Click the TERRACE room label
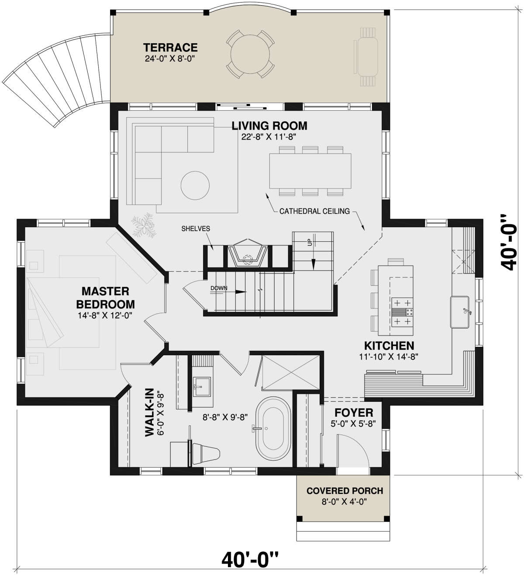click(x=170, y=47)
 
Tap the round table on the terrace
click(x=250, y=54)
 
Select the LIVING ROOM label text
click(x=269, y=126)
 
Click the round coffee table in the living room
click(x=195, y=185)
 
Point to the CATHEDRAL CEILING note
click(x=314, y=211)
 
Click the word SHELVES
click(x=196, y=229)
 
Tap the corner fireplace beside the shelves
click(x=247, y=253)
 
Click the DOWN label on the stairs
click(x=219, y=288)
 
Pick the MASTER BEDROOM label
click(x=106, y=298)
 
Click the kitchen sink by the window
click(x=459, y=312)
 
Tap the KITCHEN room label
click(x=389, y=346)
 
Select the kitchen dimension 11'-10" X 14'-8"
click(x=389, y=357)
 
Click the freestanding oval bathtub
click(x=273, y=428)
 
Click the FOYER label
click(x=354, y=412)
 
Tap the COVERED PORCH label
click(x=345, y=491)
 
